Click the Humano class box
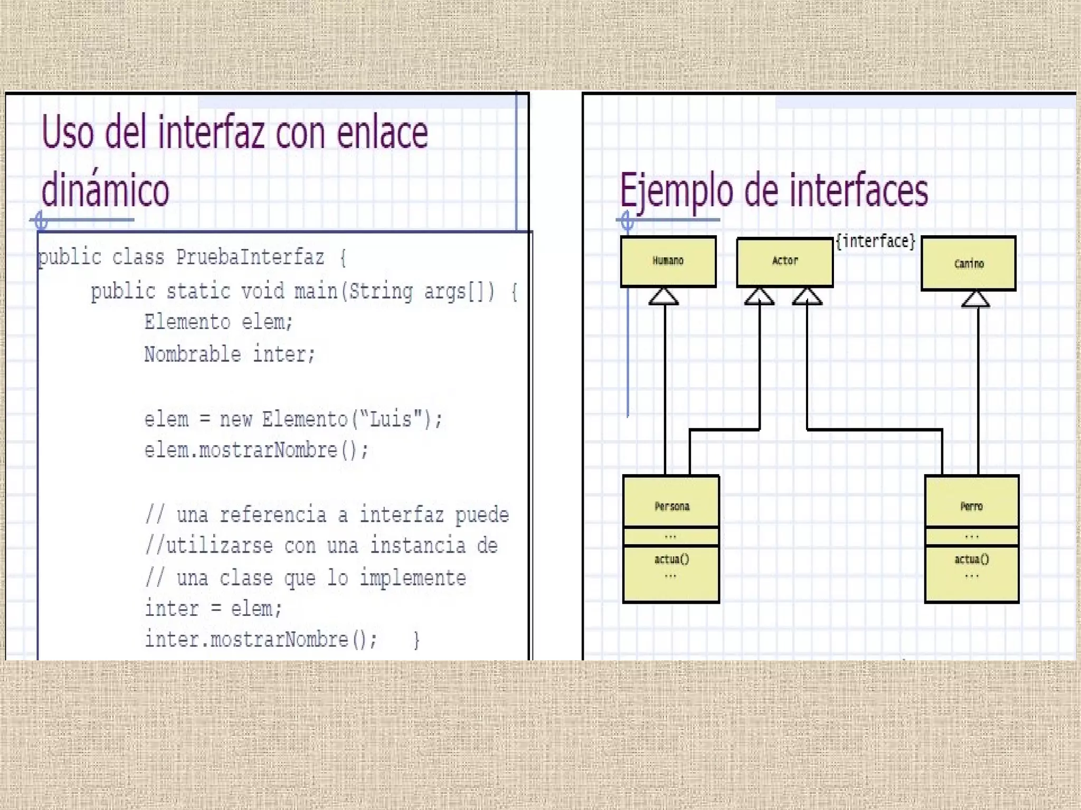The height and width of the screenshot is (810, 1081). coord(668,261)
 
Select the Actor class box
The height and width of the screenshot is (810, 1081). coord(785,261)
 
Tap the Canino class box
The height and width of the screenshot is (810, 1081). coord(969,263)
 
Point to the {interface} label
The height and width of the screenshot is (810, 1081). coord(876,242)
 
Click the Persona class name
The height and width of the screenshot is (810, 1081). coord(671,506)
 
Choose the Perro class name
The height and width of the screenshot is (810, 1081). coord(971,506)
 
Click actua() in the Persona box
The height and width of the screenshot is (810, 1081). coord(671,559)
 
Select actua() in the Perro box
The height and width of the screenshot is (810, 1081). coord(971,559)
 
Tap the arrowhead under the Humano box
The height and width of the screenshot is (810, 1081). coord(663,297)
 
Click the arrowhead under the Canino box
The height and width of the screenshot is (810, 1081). coord(975,299)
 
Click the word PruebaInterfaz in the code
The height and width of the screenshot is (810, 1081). coord(250,257)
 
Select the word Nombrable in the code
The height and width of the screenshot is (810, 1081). coord(193,354)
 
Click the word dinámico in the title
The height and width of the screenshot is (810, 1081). coord(105,190)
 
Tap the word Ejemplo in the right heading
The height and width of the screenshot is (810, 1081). coord(676,191)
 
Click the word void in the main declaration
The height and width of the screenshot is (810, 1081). coord(262,291)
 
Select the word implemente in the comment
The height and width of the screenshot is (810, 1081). coord(412,578)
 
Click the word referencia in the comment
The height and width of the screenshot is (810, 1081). coord(273,515)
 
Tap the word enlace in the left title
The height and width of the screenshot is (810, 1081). coord(382,133)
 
